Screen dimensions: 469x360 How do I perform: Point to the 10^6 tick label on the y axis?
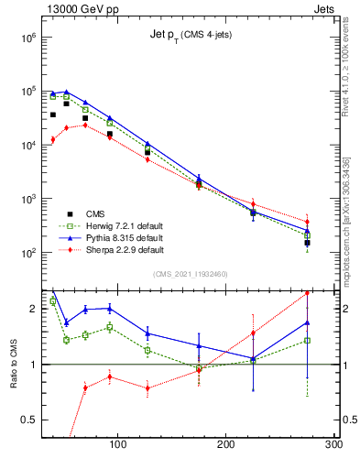27,38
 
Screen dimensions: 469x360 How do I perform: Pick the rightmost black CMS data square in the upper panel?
308,243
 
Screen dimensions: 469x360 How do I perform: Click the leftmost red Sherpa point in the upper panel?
53,139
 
